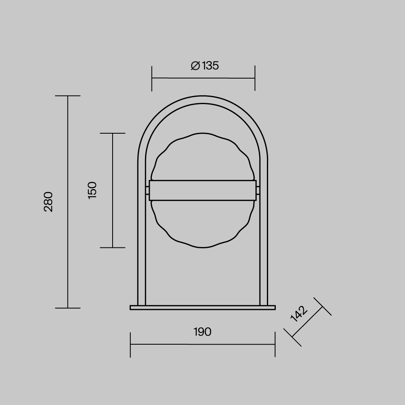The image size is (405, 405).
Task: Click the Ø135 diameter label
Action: point(205,66)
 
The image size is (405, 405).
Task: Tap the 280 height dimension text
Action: point(48,202)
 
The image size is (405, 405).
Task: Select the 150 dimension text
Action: point(92,190)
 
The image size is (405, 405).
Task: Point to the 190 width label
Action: point(202,332)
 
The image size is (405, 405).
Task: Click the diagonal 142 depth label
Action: point(299,314)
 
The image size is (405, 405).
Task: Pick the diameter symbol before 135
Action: point(195,66)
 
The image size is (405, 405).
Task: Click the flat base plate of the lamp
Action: point(203,307)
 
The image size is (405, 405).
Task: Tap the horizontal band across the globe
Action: point(203,190)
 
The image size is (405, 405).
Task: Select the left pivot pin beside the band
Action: point(147,190)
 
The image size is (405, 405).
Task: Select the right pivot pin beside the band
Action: point(258,190)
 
